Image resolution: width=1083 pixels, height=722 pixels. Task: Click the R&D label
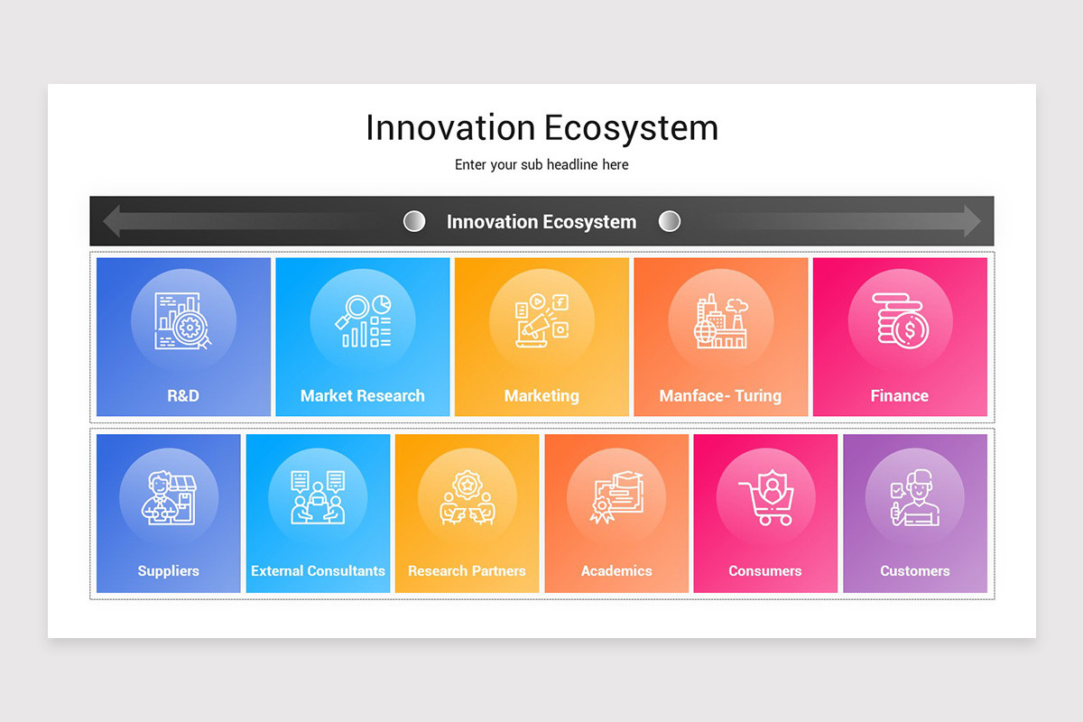point(183,395)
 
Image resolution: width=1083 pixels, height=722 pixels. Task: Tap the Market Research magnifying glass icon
point(363,320)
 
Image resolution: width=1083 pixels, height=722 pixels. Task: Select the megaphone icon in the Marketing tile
point(541,320)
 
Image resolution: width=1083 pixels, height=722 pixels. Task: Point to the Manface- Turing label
point(720,395)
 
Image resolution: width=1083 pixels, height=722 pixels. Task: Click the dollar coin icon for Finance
point(901,320)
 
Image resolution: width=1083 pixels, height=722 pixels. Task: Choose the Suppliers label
point(168,570)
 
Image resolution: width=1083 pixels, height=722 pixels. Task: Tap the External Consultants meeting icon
point(318,497)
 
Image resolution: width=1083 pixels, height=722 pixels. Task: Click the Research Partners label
point(467,570)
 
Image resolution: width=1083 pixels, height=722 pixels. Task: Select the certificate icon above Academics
point(616,497)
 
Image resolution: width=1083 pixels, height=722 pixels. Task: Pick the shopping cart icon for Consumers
point(766,497)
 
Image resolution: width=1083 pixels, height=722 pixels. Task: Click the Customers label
point(915,570)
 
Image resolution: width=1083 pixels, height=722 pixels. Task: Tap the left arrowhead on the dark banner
point(112,221)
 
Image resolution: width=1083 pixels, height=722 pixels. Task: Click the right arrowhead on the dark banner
point(972,221)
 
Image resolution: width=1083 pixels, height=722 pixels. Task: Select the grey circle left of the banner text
point(414,221)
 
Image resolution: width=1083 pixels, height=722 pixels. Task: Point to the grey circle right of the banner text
point(670,221)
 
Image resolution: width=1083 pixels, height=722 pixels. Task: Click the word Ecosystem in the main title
point(631,128)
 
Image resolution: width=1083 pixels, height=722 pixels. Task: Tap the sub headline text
point(541,164)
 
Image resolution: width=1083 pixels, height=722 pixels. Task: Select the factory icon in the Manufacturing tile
point(721,320)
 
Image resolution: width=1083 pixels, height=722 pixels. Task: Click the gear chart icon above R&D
point(183,320)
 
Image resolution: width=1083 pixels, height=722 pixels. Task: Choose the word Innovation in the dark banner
point(492,221)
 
